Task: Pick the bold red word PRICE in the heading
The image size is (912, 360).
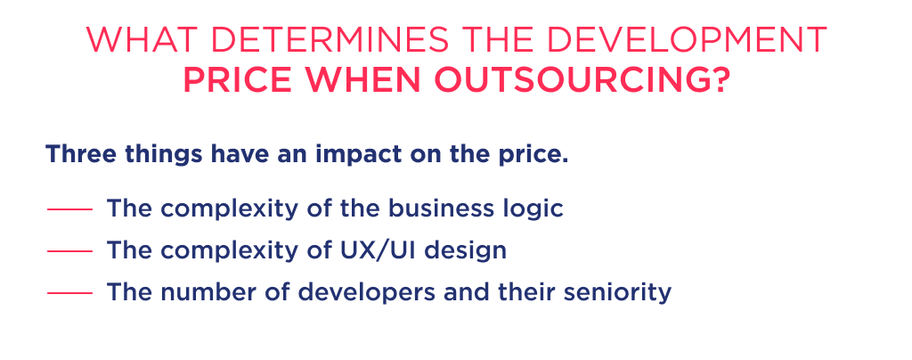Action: click(235, 82)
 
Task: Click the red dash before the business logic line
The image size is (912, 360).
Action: click(69, 210)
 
